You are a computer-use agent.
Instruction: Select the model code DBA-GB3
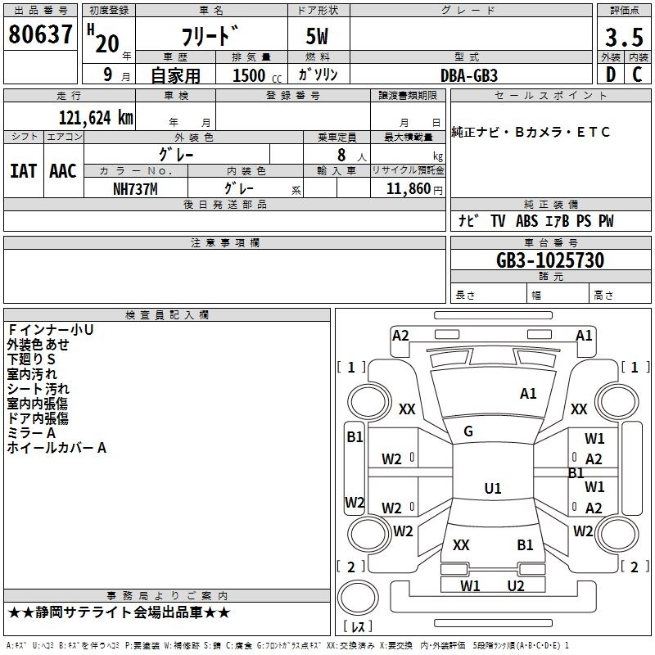click(x=469, y=75)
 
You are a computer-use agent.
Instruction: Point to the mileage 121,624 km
click(x=96, y=117)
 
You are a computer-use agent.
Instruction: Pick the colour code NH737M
click(x=136, y=187)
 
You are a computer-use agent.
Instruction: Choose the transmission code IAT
click(x=22, y=170)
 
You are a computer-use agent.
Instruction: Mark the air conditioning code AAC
click(x=63, y=170)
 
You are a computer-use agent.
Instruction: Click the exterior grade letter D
click(x=610, y=75)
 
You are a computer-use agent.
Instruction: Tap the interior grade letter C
click(x=638, y=75)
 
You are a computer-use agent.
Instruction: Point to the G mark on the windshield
click(x=468, y=431)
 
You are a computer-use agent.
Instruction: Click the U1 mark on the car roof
click(x=492, y=489)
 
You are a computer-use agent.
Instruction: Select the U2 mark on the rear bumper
click(x=515, y=585)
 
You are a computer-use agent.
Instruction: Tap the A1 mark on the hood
click(x=528, y=394)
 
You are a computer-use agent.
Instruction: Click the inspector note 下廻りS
click(x=31, y=359)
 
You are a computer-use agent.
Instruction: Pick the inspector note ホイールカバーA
click(x=56, y=448)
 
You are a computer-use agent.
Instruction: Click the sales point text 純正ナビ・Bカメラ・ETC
click(x=531, y=133)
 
